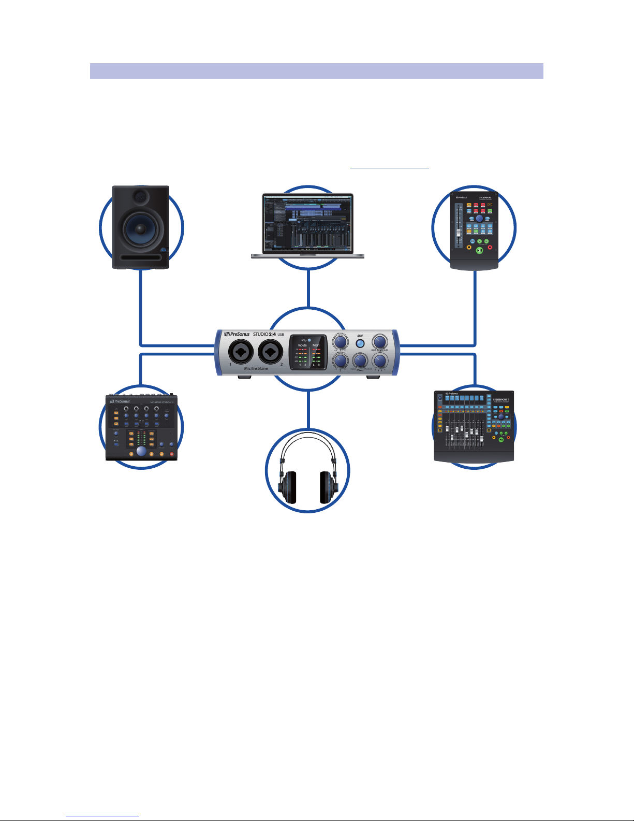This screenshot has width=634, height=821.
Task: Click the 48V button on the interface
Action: point(360,343)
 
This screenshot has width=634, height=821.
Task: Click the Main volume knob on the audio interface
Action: point(380,341)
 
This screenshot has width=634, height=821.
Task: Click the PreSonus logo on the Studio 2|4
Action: point(237,334)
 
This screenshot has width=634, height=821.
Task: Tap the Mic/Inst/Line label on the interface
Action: point(256,368)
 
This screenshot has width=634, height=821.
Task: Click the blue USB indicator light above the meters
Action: point(309,340)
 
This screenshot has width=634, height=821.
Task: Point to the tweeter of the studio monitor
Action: point(140,197)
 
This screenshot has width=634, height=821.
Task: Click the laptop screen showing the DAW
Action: point(308,223)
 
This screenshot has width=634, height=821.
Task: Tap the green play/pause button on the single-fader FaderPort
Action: point(480,251)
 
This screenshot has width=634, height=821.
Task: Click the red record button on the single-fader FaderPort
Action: point(490,247)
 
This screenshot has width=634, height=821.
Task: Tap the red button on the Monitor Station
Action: point(172,454)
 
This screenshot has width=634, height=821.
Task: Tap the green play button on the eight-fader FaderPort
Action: point(501,439)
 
